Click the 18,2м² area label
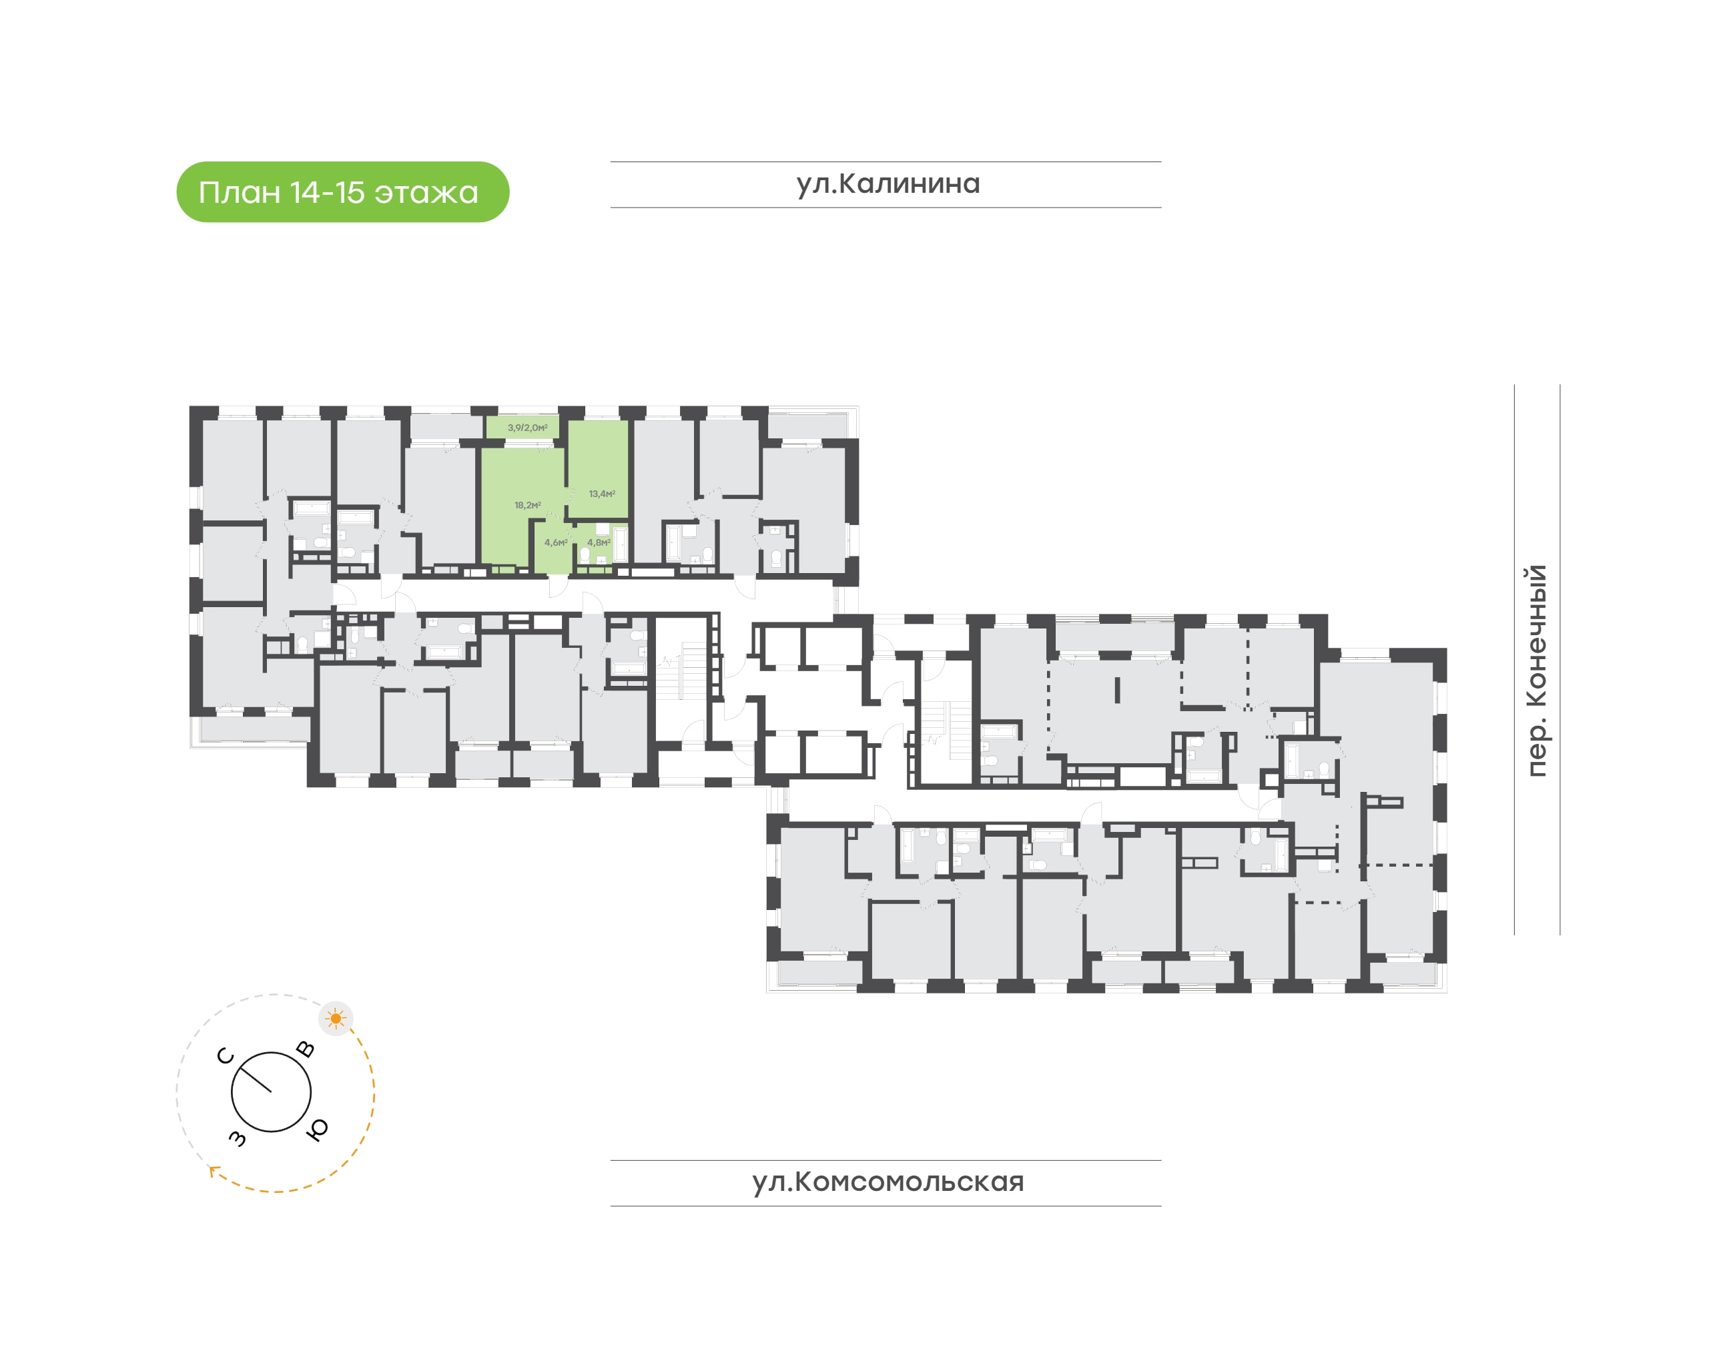(528, 505)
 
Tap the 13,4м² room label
(602, 494)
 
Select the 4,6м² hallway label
(555, 542)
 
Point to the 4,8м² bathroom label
(599, 542)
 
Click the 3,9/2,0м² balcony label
(528, 428)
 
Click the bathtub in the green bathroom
(620, 544)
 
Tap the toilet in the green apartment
(584, 554)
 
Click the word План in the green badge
(239, 193)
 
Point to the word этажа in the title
(426, 193)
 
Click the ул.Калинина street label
(888, 184)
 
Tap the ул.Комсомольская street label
(888, 1182)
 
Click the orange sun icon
(336, 1018)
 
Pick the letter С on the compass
(226, 1056)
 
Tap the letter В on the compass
(305, 1049)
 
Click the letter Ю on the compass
(317, 1129)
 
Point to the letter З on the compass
(238, 1138)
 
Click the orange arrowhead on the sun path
(214, 1171)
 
